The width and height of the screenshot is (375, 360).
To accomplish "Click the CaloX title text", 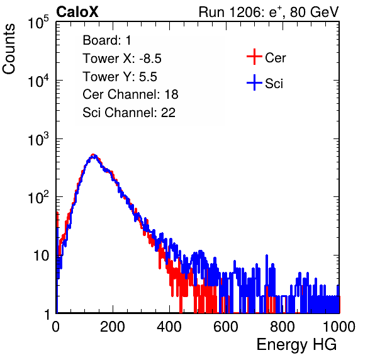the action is [77, 12].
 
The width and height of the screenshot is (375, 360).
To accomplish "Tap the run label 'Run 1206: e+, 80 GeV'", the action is [269, 12].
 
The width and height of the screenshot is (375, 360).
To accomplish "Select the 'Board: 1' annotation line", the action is [107, 40].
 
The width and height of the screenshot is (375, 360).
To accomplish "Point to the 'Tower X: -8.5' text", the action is [122, 59].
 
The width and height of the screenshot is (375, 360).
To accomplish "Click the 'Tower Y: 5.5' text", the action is [120, 77].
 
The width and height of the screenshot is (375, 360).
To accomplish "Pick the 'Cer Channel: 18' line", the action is [130, 94].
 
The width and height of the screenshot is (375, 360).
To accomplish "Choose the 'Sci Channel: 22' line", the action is [129, 113].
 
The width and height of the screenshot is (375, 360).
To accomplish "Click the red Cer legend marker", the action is [254, 57].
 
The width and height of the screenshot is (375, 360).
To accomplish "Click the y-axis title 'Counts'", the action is [9, 49].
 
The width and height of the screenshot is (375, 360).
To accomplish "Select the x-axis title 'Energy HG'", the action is [296, 345].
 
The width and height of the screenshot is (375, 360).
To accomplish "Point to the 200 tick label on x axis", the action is [113, 327].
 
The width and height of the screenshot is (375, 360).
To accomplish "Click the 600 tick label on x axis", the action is [226, 327].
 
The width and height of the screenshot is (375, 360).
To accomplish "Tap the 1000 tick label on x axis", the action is [339, 327].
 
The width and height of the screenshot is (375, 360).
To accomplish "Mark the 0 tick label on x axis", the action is [56, 327].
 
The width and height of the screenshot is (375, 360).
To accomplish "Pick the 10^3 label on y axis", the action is [38, 139].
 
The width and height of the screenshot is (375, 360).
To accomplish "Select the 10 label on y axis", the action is [42, 256].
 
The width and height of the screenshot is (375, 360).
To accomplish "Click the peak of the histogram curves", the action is [94, 155].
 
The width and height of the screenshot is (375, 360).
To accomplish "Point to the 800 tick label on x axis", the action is [283, 327].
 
